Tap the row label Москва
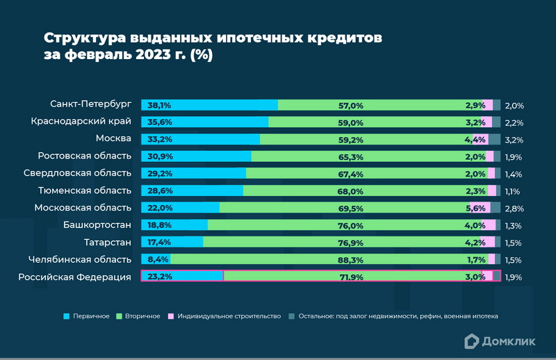tap(113, 138)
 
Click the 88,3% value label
tap(351, 260)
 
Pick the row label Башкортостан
tap(97, 224)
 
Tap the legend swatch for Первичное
tap(67, 316)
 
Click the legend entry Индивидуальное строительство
tap(224, 316)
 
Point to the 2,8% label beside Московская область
tap(514, 208)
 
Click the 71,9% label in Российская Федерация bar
tap(351, 277)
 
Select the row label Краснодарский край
tap(81, 121)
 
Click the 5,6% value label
tap(476, 208)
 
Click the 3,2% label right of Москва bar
tap(514, 140)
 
